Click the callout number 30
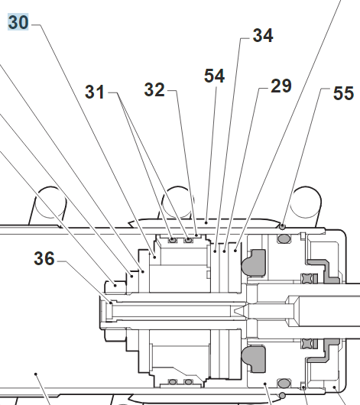click(x=18, y=22)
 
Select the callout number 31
click(x=95, y=92)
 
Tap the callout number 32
click(x=154, y=89)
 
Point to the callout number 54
click(x=214, y=76)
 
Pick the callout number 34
click(x=263, y=35)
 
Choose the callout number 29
click(x=281, y=86)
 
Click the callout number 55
click(x=343, y=93)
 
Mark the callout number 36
click(x=44, y=258)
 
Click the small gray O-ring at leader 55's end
click(x=283, y=227)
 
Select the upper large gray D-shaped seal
click(x=254, y=263)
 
